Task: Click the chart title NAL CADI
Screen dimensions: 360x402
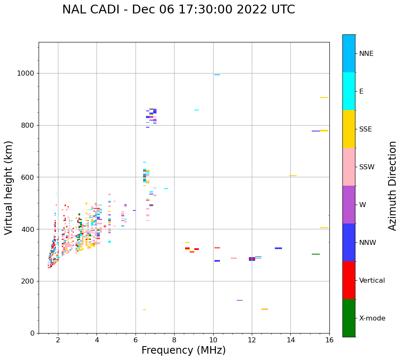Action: point(178,10)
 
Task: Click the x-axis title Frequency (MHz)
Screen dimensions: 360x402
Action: point(183,350)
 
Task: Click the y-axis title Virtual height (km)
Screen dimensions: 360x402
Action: point(9,188)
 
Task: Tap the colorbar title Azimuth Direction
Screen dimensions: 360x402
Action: point(392,186)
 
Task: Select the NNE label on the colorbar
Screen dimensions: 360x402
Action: point(366,54)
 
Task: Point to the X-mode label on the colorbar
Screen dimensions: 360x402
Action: point(372,318)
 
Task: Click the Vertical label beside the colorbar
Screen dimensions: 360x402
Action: point(372,281)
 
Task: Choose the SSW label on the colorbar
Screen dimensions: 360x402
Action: point(366,167)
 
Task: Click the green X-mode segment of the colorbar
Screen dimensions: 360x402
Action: point(349,318)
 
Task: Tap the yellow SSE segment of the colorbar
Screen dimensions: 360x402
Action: point(349,129)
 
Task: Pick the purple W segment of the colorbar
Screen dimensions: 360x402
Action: point(349,205)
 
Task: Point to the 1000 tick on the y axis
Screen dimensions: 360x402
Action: point(27,74)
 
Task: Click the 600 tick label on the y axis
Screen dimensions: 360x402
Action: point(29,177)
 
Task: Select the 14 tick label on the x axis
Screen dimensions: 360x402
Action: point(291,339)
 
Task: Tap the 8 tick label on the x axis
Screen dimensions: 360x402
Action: point(174,339)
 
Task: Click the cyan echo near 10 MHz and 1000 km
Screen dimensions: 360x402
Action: point(217,75)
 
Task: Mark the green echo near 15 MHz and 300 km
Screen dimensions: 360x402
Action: point(316,254)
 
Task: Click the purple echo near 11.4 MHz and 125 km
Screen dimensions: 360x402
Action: point(240,300)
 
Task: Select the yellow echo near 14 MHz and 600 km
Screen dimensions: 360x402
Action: point(293,176)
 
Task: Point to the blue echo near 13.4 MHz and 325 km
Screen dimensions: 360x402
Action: point(278,248)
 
